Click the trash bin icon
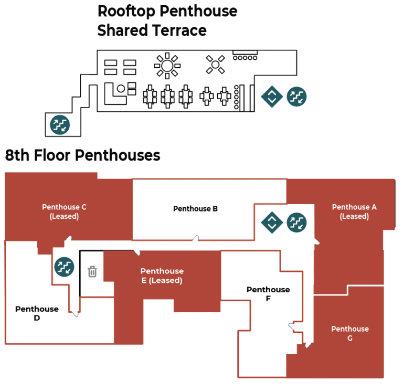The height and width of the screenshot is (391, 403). tap(92, 271)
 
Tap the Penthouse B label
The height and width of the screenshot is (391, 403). tap(195, 208)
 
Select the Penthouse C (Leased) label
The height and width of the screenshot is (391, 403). tap(64, 212)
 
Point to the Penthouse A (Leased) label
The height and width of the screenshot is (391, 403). tap(354, 212)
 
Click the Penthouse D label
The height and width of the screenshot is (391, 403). tap(37, 313)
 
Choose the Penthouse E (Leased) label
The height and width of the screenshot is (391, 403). tap(162, 276)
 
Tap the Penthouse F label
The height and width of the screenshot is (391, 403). tap(268, 294)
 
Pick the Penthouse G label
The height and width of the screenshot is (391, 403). tap(350, 333)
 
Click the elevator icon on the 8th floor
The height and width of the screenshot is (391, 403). tap(272, 223)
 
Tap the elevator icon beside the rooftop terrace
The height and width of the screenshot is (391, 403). tap(272, 97)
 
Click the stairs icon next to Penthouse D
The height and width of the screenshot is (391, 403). tap(64, 267)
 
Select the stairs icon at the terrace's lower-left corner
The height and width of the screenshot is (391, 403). tap(60, 125)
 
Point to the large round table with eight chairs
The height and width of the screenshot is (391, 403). tap(167, 66)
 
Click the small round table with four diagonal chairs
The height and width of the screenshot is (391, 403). tap(215, 65)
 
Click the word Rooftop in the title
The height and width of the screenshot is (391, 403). tap(126, 12)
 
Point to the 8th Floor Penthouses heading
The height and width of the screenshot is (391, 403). tap(82, 155)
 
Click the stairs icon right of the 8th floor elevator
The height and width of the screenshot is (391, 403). tap(296, 223)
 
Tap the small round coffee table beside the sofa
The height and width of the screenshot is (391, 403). tap(121, 89)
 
